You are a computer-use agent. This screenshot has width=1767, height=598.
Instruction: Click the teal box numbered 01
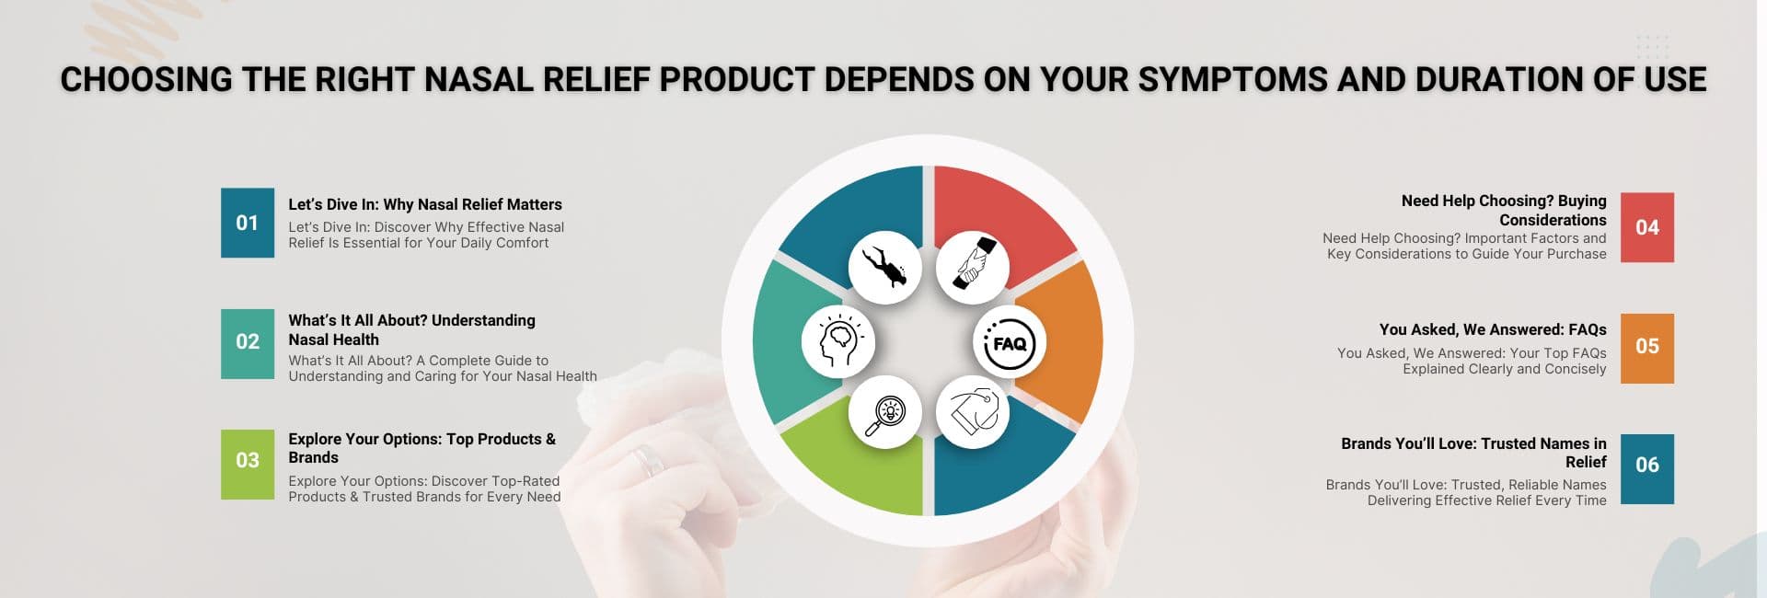[x=248, y=223]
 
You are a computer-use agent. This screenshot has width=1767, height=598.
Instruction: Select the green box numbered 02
[x=248, y=343]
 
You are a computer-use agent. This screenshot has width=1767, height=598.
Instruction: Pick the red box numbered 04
[x=1646, y=227]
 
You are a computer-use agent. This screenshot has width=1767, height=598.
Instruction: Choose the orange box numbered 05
[x=1646, y=348]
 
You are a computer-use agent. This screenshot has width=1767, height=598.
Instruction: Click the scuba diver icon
[x=884, y=267]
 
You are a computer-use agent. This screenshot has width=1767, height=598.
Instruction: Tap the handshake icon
[x=973, y=267]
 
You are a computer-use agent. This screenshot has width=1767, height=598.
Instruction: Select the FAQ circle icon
[x=1010, y=343]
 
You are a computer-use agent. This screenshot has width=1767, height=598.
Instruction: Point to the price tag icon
[x=973, y=412]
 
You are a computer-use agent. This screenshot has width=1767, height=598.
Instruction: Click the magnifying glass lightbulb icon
[x=884, y=412]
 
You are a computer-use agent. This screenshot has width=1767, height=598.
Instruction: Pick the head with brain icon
[x=837, y=341]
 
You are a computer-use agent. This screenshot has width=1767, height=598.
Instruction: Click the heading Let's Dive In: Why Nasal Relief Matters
[x=424, y=204]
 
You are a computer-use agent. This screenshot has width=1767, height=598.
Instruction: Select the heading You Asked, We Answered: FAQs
[x=1492, y=329]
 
